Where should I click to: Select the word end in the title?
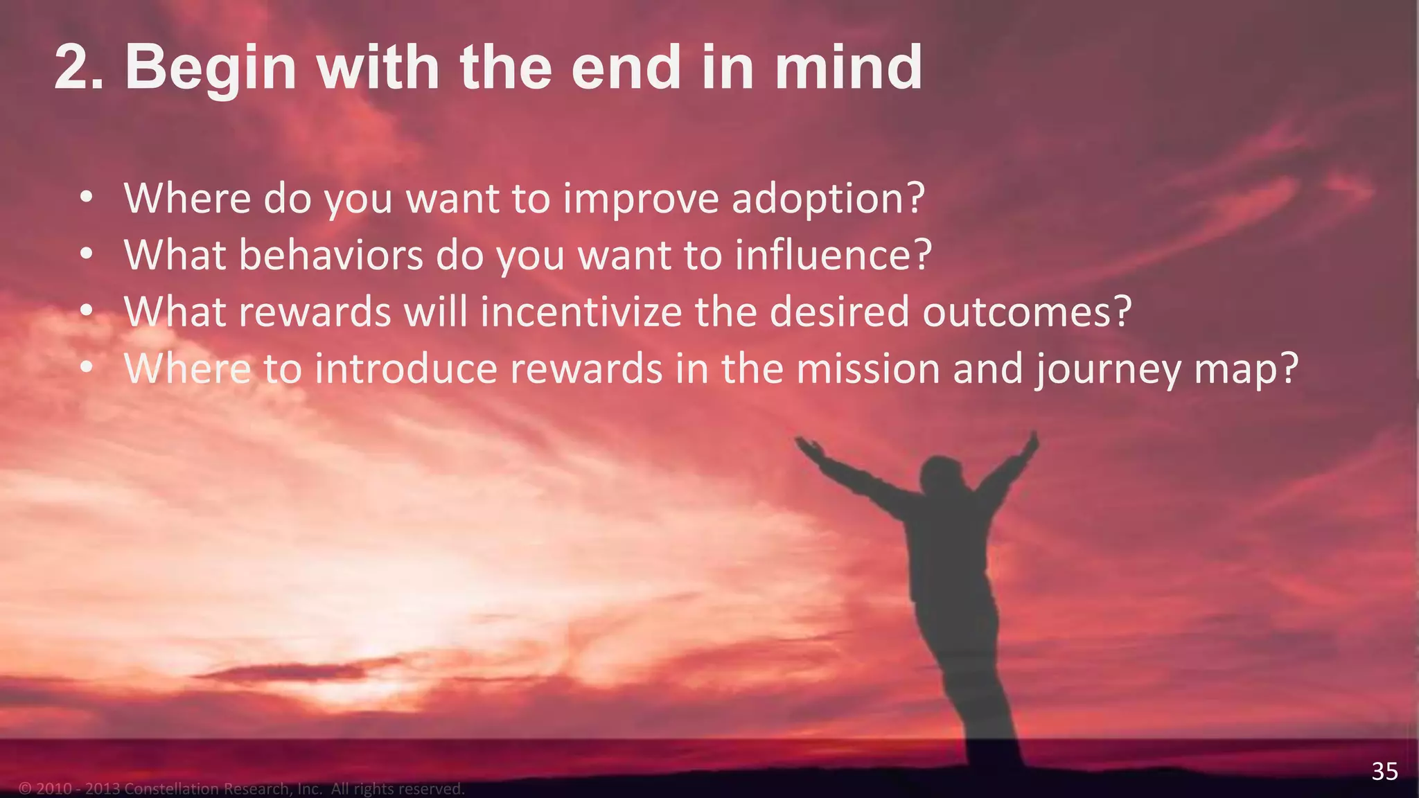pos(626,67)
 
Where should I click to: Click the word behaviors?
pos(330,255)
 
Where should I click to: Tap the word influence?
pos(834,255)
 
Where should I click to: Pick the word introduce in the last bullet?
pos(406,369)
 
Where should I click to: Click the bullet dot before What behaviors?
pos(85,255)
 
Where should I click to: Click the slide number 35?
pos(1384,771)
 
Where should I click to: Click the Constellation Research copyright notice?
pos(242,788)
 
